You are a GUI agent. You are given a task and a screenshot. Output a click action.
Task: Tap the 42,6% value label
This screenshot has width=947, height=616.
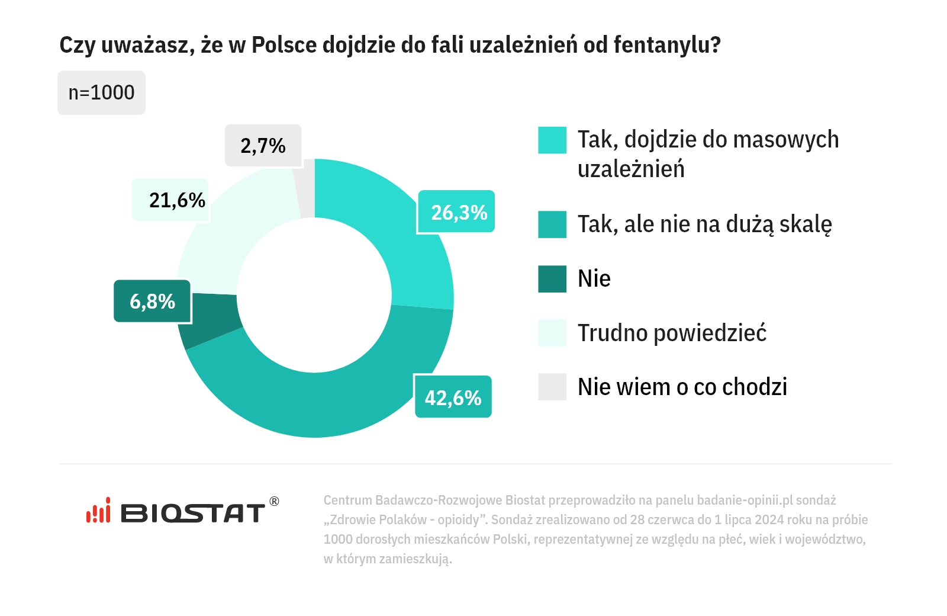pos(453,397)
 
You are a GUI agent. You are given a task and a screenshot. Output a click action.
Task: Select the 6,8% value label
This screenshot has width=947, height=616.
pos(153,301)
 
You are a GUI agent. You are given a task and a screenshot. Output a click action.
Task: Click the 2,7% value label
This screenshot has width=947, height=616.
pos(263,146)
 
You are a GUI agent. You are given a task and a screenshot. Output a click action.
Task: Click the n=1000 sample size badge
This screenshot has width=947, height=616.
pos(101,93)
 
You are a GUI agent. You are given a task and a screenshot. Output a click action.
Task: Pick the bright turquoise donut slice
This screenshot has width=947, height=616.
pos(402,237)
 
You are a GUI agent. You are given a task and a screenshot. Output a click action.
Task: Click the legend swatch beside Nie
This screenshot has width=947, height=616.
pos(552,279)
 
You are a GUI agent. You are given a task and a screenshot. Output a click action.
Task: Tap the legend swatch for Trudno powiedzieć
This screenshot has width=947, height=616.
pos(552,333)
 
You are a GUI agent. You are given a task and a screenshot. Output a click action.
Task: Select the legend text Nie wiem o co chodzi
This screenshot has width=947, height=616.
pos(682,387)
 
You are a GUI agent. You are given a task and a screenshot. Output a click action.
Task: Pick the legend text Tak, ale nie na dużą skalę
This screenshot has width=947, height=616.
pos(704,225)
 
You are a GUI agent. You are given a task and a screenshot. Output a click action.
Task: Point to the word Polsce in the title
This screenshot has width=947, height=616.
pos(284,45)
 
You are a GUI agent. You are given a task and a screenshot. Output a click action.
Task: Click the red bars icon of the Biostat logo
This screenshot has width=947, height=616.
pos(98,511)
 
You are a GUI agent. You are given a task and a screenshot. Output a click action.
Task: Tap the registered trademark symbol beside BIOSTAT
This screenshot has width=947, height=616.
pos(274,501)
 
